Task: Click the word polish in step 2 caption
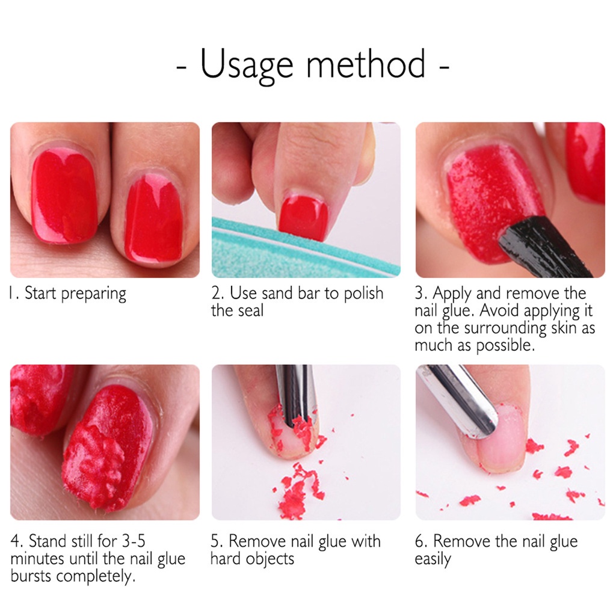pyautogui.click(x=363, y=294)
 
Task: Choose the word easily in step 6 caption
pyautogui.click(x=433, y=559)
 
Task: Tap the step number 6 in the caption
pyautogui.click(x=420, y=541)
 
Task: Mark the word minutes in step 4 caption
pyautogui.click(x=37, y=559)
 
